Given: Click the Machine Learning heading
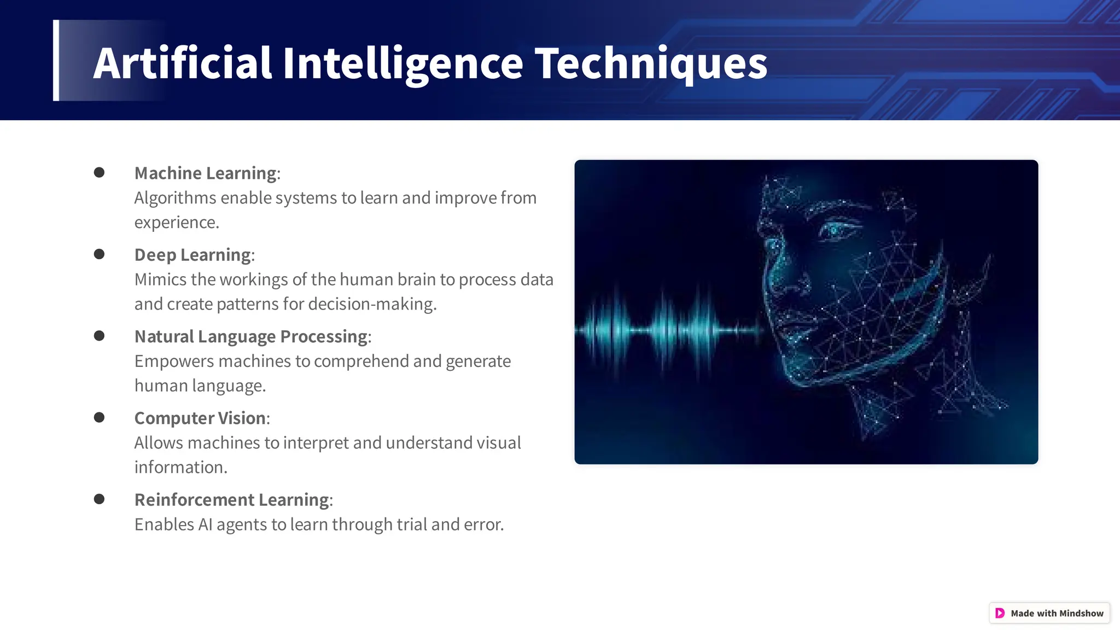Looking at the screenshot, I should point(206,173).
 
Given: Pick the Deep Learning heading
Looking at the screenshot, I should point(193,255).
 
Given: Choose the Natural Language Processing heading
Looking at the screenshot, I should point(251,336).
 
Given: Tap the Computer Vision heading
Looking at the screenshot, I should point(200,418).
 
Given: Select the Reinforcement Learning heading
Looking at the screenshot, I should point(232,500).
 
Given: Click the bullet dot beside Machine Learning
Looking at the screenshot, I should point(99,173).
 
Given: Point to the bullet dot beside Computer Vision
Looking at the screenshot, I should point(99,418).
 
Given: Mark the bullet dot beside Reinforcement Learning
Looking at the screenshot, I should point(99,499).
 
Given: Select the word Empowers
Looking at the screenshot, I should point(174,361).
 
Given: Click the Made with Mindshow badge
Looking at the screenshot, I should point(1049,613).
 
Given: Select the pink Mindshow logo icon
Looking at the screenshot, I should point(1000,613).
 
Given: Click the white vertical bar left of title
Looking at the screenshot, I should point(56,60).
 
